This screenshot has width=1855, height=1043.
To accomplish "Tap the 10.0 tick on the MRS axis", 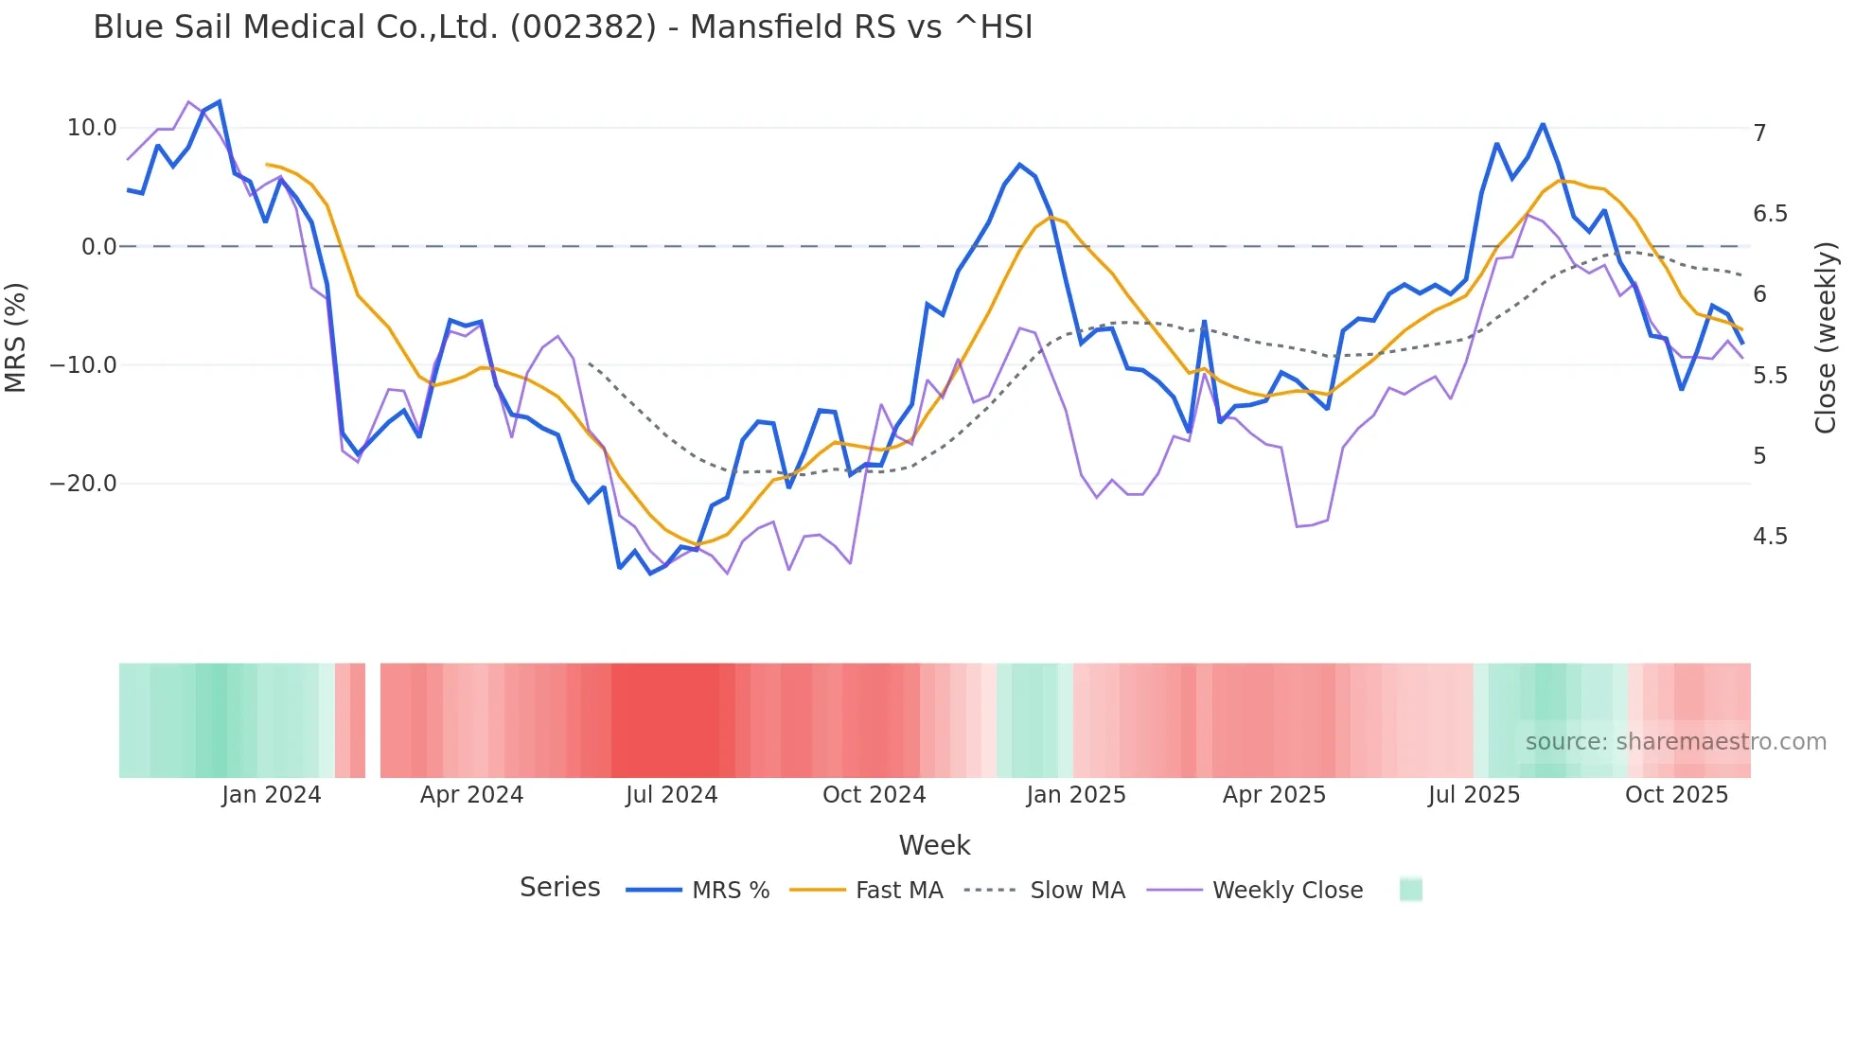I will coord(92,128).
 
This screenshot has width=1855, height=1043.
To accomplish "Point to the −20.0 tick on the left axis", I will coord(83,484).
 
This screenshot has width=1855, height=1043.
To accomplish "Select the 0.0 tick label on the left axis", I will coord(99,247).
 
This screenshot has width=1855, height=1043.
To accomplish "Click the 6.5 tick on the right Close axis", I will coord(1770,214).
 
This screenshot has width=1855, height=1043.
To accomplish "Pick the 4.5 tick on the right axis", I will coord(1770,537).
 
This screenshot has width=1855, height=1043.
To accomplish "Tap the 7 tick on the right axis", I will coord(1759,133).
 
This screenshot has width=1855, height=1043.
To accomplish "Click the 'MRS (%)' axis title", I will coord(16,337).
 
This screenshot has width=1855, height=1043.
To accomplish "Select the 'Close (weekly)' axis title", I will coord(1825,338).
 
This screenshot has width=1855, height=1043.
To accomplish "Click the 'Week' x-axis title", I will coord(934,845).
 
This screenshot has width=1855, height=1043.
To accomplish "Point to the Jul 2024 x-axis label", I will coord(671,795).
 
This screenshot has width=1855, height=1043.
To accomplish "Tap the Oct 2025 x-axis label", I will coord(1676,795).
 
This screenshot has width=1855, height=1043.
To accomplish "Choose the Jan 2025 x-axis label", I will coord(1076,795).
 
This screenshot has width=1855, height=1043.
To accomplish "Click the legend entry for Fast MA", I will coord(898,891).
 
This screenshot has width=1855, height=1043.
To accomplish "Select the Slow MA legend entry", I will coord(1077,891).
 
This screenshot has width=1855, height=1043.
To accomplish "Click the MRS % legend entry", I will coord(730,891).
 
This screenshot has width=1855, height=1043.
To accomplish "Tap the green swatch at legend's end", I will coord(1410,890).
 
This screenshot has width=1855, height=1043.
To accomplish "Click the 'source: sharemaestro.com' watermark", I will coord(1675,742).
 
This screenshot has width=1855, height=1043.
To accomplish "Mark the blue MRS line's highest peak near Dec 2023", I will coord(220,101).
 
